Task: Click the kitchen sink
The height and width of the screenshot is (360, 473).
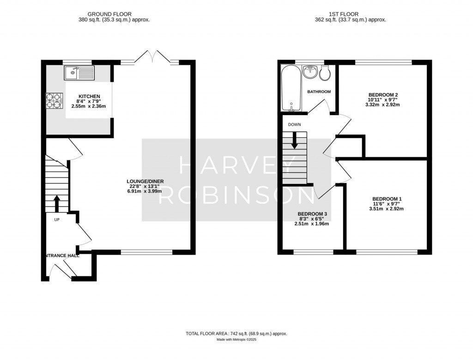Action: click(x=79, y=73)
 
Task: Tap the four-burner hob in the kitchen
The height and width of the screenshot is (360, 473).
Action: click(x=55, y=101)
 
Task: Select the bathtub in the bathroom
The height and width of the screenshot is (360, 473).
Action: click(x=291, y=88)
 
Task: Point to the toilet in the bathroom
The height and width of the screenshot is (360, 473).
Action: click(x=325, y=73)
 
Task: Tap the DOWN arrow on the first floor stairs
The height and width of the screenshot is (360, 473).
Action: click(x=294, y=140)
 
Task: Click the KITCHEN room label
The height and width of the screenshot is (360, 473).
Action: click(x=88, y=97)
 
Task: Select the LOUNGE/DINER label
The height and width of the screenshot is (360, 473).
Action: click(x=145, y=181)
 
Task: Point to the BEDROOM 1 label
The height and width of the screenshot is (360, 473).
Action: click(x=387, y=199)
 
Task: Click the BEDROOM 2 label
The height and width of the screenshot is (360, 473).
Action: click(x=383, y=94)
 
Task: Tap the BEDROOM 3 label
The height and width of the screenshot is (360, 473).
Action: click(x=312, y=214)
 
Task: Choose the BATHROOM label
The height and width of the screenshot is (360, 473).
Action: click(x=319, y=92)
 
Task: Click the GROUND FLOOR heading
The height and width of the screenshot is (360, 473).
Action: click(x=109, y=14)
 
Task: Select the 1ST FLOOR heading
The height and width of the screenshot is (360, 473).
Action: click(x=344, y=14)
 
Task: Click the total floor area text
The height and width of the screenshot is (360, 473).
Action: click(x=236, y=334)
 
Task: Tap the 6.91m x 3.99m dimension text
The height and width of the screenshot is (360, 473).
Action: click(x=145, y=191)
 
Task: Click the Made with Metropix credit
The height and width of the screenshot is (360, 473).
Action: click(x=236, y=340)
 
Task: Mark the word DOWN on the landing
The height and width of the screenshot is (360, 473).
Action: click(x=294, y=125)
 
